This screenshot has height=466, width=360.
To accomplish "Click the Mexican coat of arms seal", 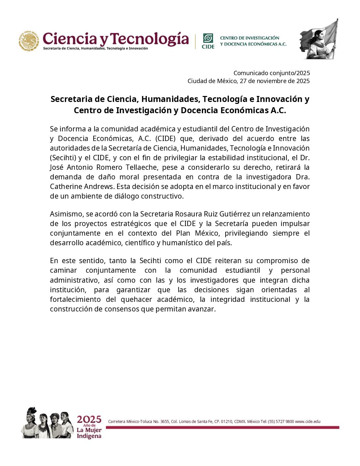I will [29, 41].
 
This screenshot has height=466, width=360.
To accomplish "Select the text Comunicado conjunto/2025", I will [272, 73].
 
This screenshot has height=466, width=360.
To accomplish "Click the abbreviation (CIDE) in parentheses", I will [165, 139].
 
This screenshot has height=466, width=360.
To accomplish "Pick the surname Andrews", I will [98, 187].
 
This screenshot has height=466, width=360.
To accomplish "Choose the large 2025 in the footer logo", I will [89, 420].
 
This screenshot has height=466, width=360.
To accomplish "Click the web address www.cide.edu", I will [308, 422].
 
